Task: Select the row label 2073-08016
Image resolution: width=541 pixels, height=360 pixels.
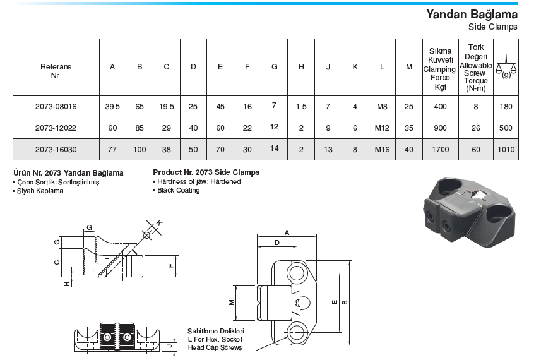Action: tap(56, 107)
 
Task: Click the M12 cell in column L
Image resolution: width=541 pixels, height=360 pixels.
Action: tap(382, 128)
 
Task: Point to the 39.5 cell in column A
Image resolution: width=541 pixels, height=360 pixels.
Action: tap(112, 107)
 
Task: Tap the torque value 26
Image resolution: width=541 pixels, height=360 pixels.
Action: tap(476, 128)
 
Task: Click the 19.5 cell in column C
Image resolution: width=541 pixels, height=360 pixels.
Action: tap(167, 107)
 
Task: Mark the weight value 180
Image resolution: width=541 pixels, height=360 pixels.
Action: tap(506, 107)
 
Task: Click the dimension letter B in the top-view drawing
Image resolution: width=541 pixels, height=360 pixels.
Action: tap(344, 303)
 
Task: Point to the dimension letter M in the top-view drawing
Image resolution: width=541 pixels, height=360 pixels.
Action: tap(231, 303)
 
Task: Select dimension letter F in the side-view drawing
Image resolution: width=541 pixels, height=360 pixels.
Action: tap(170, 266)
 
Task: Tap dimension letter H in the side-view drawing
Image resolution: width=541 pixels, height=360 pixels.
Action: tap(68, 284)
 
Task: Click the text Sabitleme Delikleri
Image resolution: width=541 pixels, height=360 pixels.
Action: tap(215, 331)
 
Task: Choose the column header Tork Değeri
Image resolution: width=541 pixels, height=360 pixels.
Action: tap(476, 52)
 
